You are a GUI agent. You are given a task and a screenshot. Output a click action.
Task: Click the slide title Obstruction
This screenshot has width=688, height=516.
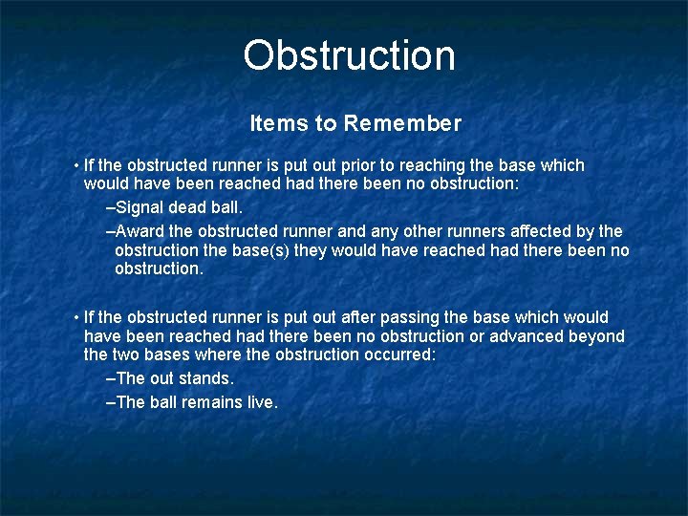click(x=349, y=55)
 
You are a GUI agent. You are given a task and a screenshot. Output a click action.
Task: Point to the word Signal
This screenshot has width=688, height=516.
click(x=140, y=206)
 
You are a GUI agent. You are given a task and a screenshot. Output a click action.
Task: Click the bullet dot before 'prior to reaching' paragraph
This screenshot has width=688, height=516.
click(x=75, y=166)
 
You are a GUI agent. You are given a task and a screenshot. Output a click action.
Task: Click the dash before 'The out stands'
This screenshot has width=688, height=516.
click(x=110, y=379)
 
